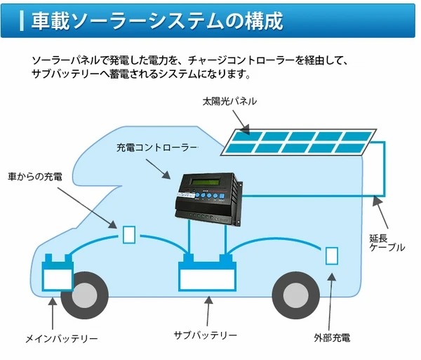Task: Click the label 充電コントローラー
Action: pyautogui.click(x=156, y=149)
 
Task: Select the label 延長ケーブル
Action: pyautogui.click(x=387, y=242)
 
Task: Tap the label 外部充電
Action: pyautogui.click(x=333, y=338)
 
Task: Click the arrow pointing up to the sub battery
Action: pyautogui.click(x=208, y=309)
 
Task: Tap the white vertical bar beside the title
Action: pyautogui.click(x=22, y=20)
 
